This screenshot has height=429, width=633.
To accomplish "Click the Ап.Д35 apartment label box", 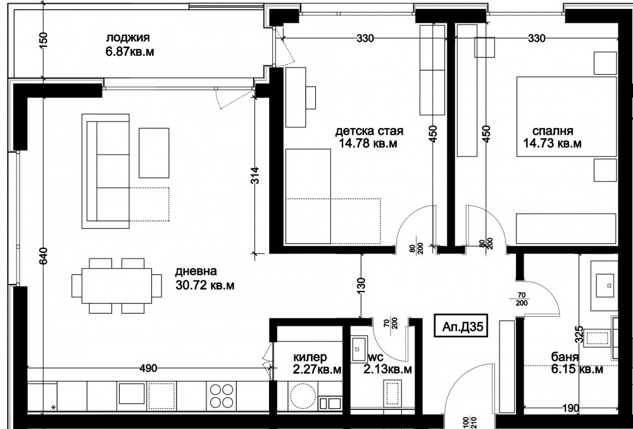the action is pyautogui.click(x=461, y=326).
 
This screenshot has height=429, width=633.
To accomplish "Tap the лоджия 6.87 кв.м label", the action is pyautogui.click(x=129, y=45).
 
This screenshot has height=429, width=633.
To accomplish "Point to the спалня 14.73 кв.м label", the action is pyautogui.click(x=552, y=138).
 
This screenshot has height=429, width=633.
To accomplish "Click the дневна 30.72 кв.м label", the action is pyautogui.click(x=204, y=278).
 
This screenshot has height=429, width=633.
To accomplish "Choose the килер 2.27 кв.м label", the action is pyautogui.click(x=317, y=363).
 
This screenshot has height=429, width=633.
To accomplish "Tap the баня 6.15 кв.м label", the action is pyautogui.click(x=577, y=363).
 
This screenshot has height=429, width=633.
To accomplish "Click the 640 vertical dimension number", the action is pyautogui.click(x=44, y=256).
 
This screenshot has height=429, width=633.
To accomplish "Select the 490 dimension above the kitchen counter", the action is pyautogui.click(x=148, y=368).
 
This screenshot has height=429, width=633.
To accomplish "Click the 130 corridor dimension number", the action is pyautogui.click(x=361, y=286).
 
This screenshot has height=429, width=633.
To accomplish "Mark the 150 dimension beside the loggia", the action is pyautogui.click(x=44, y=41).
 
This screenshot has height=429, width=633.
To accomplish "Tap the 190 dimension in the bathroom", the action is pyautogui.click(x=570, y=407).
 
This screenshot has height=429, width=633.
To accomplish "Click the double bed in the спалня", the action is pyautogui.click(x=567, y=117).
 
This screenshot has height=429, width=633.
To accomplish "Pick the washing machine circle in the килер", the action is pyautogui.click(x=303, y=396).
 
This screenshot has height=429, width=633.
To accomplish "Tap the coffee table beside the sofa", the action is pyautogui.click(x=154, y=153).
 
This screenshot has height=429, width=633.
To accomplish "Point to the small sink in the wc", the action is pyautogui.click(x=358, y=349).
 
